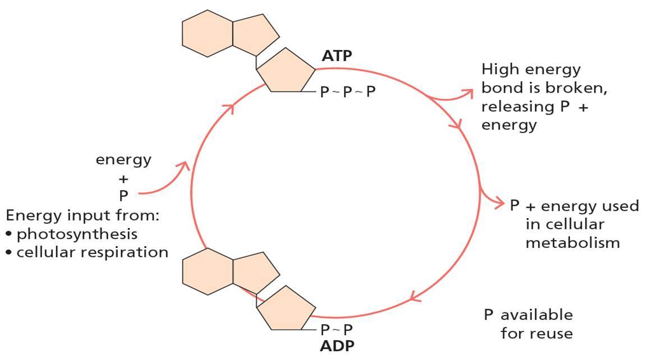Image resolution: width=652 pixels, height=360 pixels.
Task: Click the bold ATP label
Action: click(x=337, y=56)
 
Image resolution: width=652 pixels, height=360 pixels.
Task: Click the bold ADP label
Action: click(x=337, y=345)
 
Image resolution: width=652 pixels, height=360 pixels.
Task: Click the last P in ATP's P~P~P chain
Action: click(x=371, y=91)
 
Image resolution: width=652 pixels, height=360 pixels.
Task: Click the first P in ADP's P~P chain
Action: click(x=325, y=329)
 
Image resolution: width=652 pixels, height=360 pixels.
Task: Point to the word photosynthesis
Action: click(x=77, y=233)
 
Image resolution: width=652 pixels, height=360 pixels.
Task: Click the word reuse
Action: click(x=551, y=334)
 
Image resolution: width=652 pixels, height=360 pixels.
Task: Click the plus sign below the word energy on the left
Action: click(x=123, y=179)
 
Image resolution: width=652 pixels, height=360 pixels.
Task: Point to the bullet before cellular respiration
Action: click(x=9, y=253)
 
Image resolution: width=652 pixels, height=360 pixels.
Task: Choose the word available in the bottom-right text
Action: click(x=537, y=315)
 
